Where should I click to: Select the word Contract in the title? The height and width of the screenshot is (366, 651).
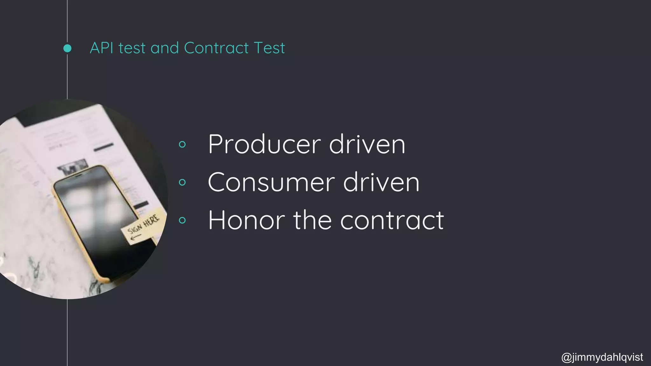216,48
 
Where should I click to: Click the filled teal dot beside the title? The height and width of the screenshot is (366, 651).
67,48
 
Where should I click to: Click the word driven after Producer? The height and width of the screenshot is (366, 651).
367,145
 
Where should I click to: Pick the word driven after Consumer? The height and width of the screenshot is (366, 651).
381,182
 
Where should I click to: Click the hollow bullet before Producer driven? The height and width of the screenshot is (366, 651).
182,145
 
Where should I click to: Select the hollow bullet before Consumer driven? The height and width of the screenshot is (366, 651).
182,182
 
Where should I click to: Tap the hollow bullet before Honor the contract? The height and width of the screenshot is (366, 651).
182,220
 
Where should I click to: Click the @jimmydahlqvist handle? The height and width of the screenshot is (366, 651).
602,357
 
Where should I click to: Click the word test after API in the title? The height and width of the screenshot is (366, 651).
132,48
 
